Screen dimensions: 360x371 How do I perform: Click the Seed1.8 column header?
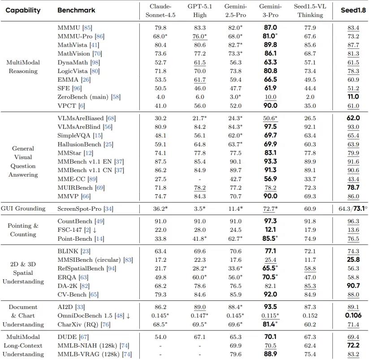pyautogui.click(x=351, y=10)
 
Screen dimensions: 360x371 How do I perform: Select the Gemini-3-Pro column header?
pyautogui.click(x=271, y=10)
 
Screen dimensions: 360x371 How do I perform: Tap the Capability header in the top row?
pyautogui.click(x=23, y=10)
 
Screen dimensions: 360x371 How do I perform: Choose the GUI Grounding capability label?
pyautogui.click(x=23, y=208)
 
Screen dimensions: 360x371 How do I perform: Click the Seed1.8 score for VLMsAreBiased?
pyautogui.click(x=353, y=118)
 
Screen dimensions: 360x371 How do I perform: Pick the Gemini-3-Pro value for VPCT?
pyautogui.click(x=271, y=106)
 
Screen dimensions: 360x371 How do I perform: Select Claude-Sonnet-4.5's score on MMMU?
pyautogui.click(x=160, y=28)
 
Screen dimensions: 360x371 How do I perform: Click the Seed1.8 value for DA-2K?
pyautogui.click(x=353, y=286)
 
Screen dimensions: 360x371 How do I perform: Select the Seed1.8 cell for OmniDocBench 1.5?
pyautogui.click(x=353, y=316)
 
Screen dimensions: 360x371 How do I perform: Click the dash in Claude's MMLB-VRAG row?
pyautogui.click(x=160, y=354)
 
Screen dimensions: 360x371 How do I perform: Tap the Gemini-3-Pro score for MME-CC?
pyautogui.click(x=271, y=179)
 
